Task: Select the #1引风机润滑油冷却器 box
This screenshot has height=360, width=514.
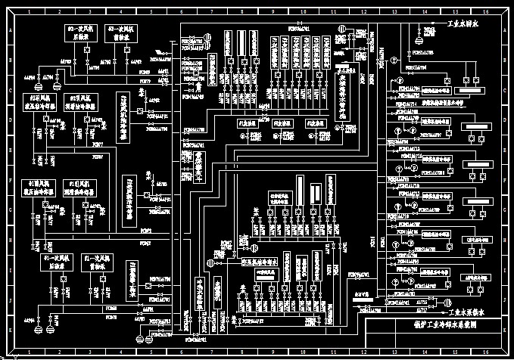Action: (83, 189)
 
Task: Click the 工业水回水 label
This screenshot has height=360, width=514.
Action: (463, 24)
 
